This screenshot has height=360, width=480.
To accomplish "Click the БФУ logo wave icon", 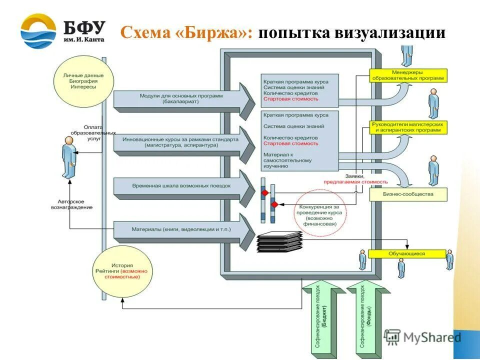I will point(38,31).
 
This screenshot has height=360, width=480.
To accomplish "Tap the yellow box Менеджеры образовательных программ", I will point(408,75).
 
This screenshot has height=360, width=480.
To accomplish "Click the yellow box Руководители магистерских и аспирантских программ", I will point(408,127).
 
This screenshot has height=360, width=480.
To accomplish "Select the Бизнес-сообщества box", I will point(408,194).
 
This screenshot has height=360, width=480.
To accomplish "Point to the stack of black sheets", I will point(279,242).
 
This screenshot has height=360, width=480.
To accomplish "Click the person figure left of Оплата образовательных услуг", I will point(69,157).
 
